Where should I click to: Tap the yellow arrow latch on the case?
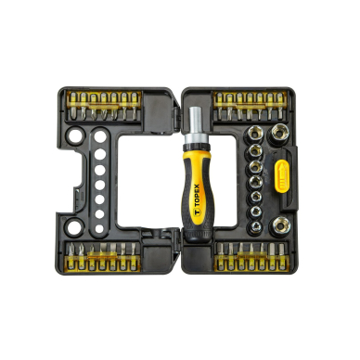pyautogui.click(x=281, y=175)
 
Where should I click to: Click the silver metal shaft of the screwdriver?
pyautogui.click(x=196, y=122)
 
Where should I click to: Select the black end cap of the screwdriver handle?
pyautogui.click(x=199, y=235)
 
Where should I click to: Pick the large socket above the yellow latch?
pyautogui.click(x=279, y=134)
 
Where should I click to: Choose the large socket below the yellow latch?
pyautogui.click(x=280, y=225)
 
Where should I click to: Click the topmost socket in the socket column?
pyautogui.click(x=255, y=135)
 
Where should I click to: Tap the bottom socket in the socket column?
pyautogui.click(x=255, y=227)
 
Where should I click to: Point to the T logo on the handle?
pyautogui.click(x=198, y=212)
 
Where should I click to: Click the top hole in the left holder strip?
pyautogui.click(x=100, y=136)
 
